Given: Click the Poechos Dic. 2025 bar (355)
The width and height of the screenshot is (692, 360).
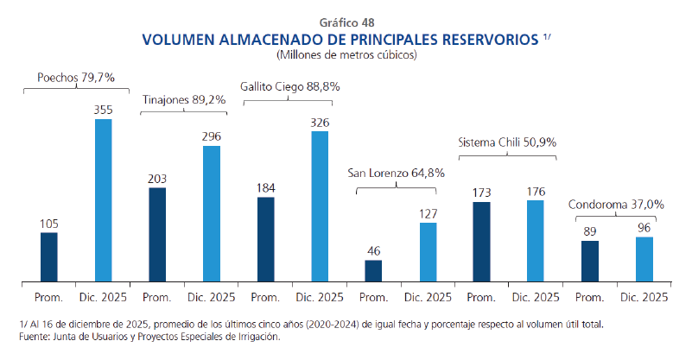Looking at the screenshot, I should click(x=104, y=200).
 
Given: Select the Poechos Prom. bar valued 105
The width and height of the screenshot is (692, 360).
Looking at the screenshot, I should click(x=49, y=256).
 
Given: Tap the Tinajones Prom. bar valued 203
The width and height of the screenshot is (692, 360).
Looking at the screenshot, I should click(x=157, y=234).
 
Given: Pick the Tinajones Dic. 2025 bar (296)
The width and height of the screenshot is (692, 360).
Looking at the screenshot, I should click(x=212, y=213).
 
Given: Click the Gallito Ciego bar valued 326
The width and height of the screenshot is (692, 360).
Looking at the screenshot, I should click(x=320, y=206).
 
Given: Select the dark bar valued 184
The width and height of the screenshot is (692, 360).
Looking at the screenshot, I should click(x=266, y=238).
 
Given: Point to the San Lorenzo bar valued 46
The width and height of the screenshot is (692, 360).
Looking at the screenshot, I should click(x=373, y=270).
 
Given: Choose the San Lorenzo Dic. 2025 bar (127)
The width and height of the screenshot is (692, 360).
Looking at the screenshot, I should click(x=428, y=251).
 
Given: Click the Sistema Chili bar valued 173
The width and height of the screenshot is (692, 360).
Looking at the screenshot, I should click(x=482, y=241).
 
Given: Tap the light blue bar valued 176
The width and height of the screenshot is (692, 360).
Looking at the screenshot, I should click(x=536, y=240).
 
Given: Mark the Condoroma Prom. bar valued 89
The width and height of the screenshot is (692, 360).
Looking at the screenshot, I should click(x=590, y=261).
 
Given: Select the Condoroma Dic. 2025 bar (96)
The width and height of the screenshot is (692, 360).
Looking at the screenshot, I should click(x=644, y=259).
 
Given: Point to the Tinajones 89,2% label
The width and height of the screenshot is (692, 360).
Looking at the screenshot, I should click(x=184, y=99).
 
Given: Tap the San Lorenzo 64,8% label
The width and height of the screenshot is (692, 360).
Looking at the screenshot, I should click(x=397, y=173).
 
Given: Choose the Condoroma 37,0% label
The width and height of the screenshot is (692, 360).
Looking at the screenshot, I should click(x=616, y=205).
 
